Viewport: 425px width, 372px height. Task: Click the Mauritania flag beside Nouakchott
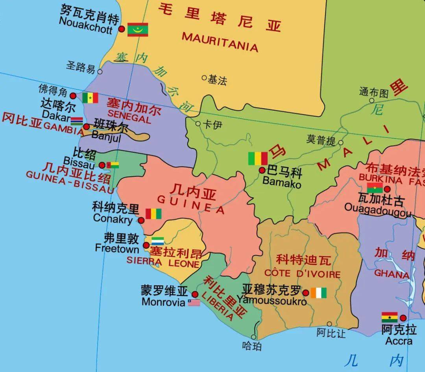coord(138,30)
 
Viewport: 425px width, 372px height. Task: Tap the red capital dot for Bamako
coord(262,170)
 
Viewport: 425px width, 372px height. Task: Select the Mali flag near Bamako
coord(258,159)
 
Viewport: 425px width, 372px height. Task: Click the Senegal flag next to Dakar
coord(90,98)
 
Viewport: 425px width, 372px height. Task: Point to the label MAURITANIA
coord(220,42)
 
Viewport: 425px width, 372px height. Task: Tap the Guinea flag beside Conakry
coord(153,214)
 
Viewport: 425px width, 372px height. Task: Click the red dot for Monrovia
coord(195,294)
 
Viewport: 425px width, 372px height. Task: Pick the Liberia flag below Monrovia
coord(194,303)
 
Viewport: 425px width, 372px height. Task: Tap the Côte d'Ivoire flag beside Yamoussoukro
coord(318,293)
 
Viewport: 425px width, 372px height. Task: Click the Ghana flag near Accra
coord(389,317)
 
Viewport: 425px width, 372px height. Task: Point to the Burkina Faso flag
coord(375,188)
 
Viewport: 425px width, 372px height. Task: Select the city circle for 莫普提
coord(341,143)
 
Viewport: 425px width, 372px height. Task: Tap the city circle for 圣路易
coord(100,72)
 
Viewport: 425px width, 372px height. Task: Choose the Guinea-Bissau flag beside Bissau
coord(112,165)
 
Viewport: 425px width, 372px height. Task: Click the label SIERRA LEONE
coord(163,262)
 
